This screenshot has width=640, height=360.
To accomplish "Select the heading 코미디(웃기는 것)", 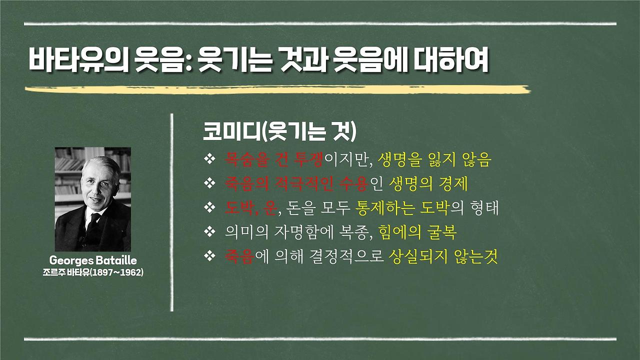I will pyautogui.click(x=279, y=132).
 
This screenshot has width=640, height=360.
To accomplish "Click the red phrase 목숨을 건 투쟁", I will pyautogui.click(x=274, y=160).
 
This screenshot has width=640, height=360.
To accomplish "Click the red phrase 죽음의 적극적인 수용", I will pyautogui.click(x=296, y=184).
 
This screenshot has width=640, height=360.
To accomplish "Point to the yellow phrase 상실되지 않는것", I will pyautogui.click(x=442, y=257).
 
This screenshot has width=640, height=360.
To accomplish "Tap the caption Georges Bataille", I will pyautogui.click(x=93, y=261).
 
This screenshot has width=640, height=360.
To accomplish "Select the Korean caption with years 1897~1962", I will pyautogui.click(x=93, y=272).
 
